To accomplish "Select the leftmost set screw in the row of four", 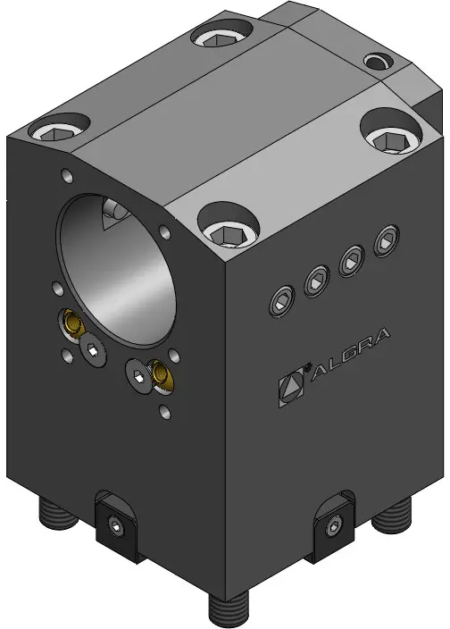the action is click(282, 301).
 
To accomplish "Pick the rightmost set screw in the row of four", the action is click(387, 240).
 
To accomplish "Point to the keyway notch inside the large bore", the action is click(115, 214).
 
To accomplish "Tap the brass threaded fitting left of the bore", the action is click(72, 322).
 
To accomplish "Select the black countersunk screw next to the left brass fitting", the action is click(93, 349).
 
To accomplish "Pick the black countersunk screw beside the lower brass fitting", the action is click(138, 376).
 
